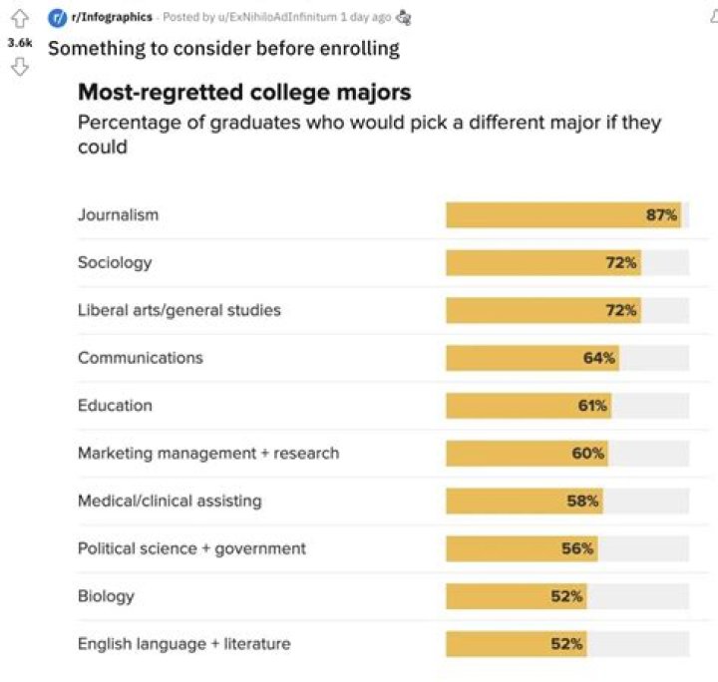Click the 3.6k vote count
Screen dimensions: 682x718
tap(19, 44)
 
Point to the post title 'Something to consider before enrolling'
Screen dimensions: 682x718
tap(223, 48)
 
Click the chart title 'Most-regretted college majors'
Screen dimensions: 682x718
tap(244, 93)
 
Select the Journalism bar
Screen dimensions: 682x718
tap(562, 214)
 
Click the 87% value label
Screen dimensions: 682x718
tap(661, 214)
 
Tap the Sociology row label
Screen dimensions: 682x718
tap(115, 262)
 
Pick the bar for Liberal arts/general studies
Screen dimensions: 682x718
tap(542, 310)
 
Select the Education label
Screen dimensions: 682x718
tap(115, 405)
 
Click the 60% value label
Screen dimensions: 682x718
tap(587, 453)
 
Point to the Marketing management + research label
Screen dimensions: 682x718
tap(208, 453)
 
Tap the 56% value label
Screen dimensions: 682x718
tap(577, 548)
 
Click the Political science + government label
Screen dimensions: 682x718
tap(191, 548)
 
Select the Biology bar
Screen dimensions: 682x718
tap(516, 596)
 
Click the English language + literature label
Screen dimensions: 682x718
tap(184, 644)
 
